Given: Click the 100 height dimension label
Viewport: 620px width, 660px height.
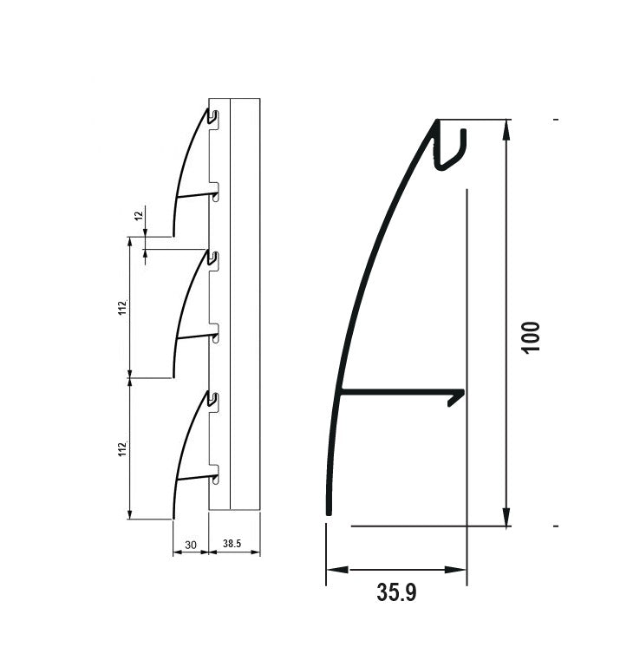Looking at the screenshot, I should (531, 336).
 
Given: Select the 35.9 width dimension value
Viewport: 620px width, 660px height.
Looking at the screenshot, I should (396, 593).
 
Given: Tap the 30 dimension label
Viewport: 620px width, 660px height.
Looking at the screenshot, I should (191, 545).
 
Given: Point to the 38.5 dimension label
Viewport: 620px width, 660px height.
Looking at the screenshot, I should (232, 545).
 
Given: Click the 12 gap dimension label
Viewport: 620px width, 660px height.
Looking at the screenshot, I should (138, 216).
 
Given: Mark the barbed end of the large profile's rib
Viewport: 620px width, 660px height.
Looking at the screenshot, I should (457, 397).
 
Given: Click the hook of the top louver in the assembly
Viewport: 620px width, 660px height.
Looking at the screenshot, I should (212, 116).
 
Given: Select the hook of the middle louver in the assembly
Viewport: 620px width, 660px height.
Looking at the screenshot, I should (212, 258).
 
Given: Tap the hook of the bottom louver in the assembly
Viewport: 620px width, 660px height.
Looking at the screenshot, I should (212, 399).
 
